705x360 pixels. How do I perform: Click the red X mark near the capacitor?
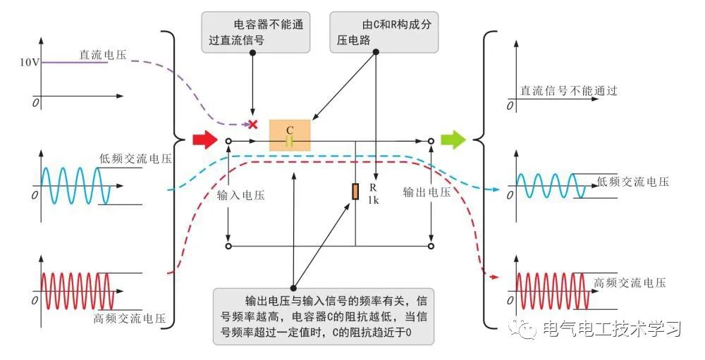pyautogui.click(x=252, y=124)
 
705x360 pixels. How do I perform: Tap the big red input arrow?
pyautogui.click(x=204, y=140)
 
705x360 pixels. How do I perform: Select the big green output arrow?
pyautogui.click(x=453, y=139)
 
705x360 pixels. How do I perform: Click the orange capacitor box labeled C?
pyautogui.click(x=290, y=135)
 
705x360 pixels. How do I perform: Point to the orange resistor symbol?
pyautogui.click(x=355, y=191)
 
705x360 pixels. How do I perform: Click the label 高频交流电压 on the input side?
pyautogui.click(x=128, y=318)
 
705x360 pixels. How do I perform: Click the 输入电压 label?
pyautogui.click(x=241, y=193)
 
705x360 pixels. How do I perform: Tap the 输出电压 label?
pyautogui.click(x=427, y=192)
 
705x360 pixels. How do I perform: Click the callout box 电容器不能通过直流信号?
pyautogui.click(x=255, y=32)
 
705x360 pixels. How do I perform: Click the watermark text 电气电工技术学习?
pyautogui.click(x=611, y=329)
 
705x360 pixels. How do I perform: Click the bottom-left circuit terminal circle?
pyautogui.click(x=228, y=247)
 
